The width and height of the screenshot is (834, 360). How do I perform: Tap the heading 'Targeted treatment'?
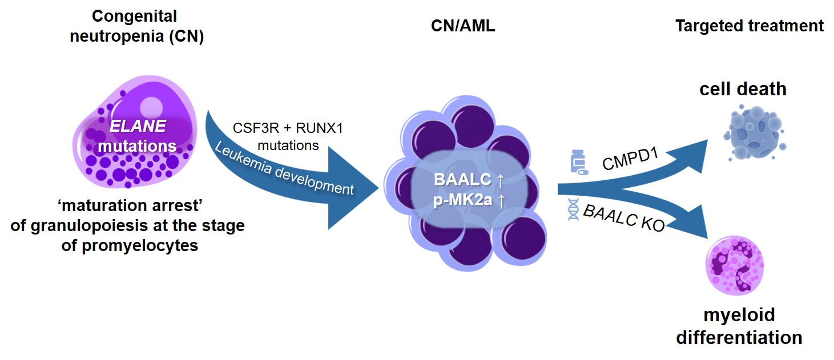(x=750, y=26)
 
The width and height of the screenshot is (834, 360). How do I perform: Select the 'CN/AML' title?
(x=462, y=26)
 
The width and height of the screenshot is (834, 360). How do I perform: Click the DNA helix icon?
(x=573, y=210)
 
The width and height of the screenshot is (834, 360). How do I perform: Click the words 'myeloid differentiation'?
(x=739, y=326)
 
